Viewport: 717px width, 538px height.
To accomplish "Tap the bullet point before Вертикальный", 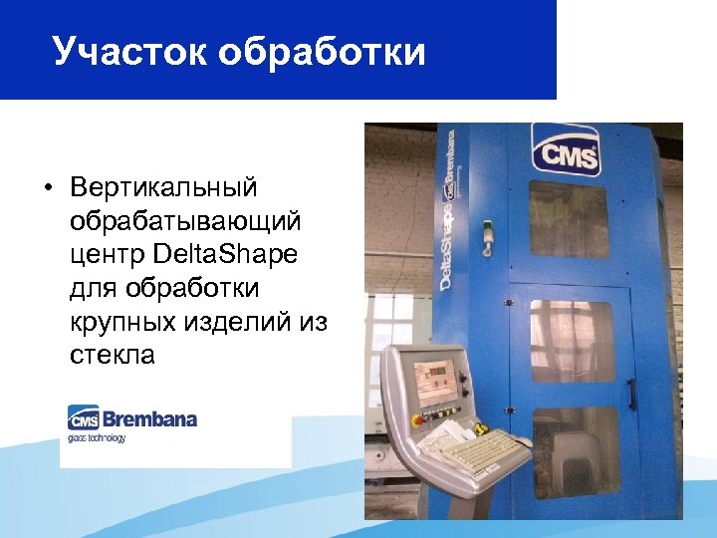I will [47, 187].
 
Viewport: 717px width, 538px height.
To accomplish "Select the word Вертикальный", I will [164, 186].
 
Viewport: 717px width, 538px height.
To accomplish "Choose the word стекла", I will [113, 355].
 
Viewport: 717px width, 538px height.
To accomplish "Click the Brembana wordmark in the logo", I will [148, 418].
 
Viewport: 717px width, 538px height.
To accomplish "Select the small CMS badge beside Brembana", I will [81, 418].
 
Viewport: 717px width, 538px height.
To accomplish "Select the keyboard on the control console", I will [481, 452].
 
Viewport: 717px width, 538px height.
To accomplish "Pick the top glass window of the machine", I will [569, 219].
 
